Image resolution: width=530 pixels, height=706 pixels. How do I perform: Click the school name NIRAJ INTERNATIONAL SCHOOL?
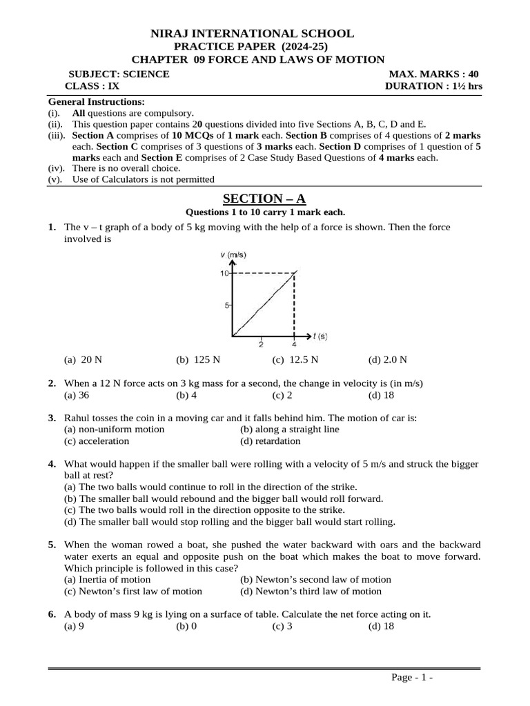point(253,33)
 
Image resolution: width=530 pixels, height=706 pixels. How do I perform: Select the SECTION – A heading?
point(264,199)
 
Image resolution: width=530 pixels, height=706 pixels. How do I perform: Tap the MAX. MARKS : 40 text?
point(433,74)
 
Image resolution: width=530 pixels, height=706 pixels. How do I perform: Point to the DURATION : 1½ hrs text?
point(433,86)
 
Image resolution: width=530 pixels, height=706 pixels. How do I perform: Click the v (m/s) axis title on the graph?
point(233,255)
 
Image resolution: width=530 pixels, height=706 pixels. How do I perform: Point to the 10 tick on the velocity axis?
point(225,274)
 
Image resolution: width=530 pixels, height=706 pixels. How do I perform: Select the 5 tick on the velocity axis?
point(227,305)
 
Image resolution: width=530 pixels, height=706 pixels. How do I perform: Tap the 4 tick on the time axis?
point(295,344)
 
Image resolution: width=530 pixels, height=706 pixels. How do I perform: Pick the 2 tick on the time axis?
point(261,344)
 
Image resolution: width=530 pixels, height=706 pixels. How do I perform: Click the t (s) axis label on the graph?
point(320,336)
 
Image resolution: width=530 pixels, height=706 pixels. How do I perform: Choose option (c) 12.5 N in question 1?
point(295,359)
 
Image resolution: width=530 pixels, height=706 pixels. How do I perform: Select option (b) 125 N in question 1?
point(196,359)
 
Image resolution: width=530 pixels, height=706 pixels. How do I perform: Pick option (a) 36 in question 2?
point(77,395)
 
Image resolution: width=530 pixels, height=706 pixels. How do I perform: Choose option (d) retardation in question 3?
point(270,441)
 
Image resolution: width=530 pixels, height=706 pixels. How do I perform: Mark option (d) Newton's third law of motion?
point(311,591)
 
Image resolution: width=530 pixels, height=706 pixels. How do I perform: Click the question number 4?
point(52,464)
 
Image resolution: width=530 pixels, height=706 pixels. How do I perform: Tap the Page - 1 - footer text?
point(412,678)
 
